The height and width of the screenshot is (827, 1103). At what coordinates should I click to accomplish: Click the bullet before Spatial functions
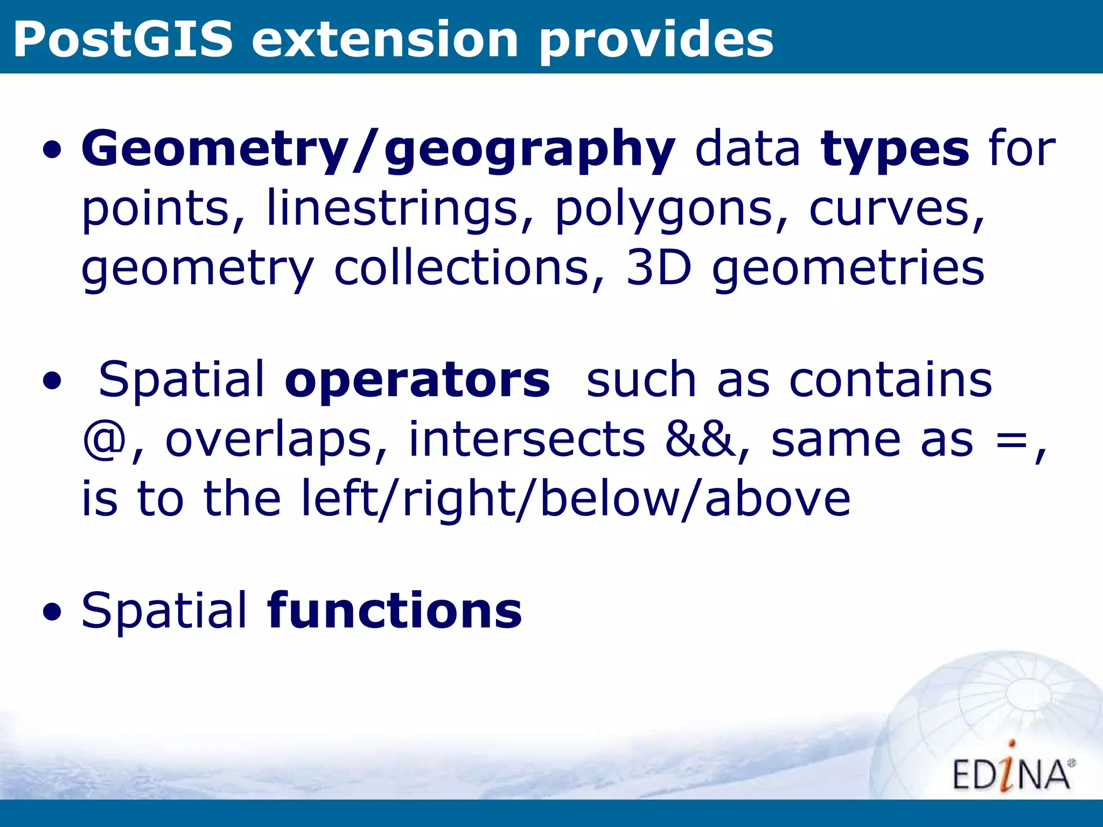point(52,612)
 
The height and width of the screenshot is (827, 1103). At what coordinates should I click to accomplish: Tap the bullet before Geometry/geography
point(52,151)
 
